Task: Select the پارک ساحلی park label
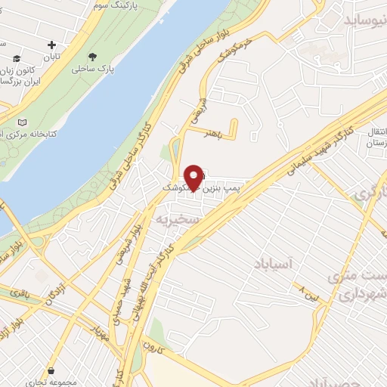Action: pyautogui.click(x=92, y=69)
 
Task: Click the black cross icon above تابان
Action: pyautogui.click(x=51, y=45)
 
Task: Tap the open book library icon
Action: pyautogui.click(x=22, y=122)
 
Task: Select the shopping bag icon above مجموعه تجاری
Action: pyautogui.click(x=51, y=371)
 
